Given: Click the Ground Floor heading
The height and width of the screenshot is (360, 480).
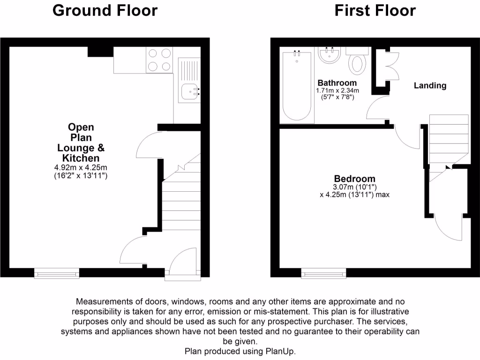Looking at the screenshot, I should point(105,10).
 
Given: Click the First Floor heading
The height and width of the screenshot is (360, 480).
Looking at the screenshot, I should point(375,10).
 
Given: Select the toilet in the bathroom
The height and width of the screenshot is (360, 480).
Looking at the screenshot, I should point(357,63).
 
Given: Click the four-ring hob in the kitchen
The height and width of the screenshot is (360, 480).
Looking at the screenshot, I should point(159,60).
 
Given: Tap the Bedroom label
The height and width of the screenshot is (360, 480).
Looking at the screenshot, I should point(354,179).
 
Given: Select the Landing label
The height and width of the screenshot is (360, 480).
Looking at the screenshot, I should point(430,85).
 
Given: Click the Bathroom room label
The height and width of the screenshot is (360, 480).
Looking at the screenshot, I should point(337,83).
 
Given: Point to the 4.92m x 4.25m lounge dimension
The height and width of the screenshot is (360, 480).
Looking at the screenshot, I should point(81,167).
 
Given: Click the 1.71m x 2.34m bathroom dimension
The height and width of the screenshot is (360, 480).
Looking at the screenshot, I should point(337,90).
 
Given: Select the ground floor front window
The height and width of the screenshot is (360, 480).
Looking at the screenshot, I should point(57,272).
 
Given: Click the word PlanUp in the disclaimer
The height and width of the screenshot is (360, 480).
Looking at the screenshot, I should point(281,351).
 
